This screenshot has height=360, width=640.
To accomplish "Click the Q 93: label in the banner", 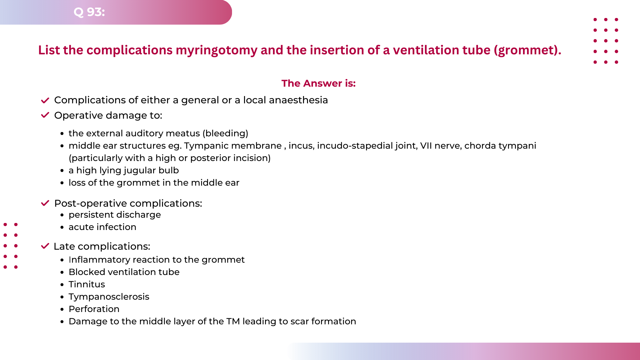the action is pyautogui.click(x=89, y=12).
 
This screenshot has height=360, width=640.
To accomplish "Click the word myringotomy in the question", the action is pyautogui.click(x=216, y=50).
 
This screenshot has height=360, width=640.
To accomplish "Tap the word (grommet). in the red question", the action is pyautogui.click(x=527, y=50).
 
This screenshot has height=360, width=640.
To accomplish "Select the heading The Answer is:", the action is pyautogui.click(x=318, y=83).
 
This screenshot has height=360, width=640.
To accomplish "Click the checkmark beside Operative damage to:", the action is pyautogui.click(x=45, y=115).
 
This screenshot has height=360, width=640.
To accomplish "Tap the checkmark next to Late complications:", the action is pyautogui.click(x=45, y=246).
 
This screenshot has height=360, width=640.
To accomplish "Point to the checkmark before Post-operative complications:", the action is pyautogui.click(x=45, y=203).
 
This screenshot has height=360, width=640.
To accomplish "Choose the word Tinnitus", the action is pyautogui.click(x=87, y=284).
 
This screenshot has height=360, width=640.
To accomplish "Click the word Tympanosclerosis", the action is pyautogui.click(x=109, y=297).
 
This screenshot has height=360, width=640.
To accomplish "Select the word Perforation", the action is pyautogui.click(x=94, y=309).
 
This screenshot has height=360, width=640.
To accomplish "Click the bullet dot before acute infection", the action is pyautogui.click(x=62, y=227).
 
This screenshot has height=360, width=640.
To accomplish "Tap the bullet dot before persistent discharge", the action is pyautogui.click(x=62, y=215).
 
